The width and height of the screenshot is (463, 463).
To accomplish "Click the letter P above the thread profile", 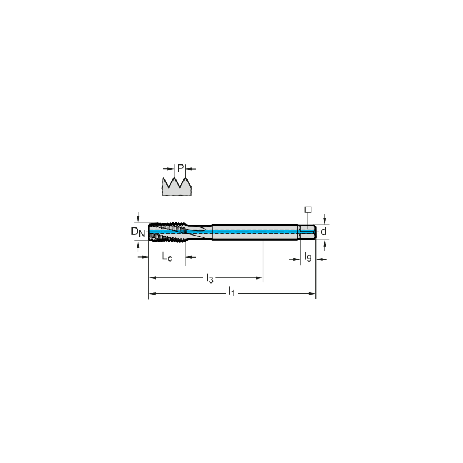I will (x=181, y=168).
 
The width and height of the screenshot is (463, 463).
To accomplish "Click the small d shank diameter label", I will (x=324, y=232).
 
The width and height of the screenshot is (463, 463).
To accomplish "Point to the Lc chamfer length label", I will (x=169, y=258).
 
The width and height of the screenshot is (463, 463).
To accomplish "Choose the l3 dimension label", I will (x=210, y=278).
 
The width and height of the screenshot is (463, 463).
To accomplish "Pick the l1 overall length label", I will (x=231, y=293).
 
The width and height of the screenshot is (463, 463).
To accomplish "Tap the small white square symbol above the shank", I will (x=308, y=209).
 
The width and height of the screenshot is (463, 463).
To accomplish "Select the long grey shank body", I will (x=255, y=232).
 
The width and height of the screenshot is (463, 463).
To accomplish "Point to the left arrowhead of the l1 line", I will (x=152, y=295).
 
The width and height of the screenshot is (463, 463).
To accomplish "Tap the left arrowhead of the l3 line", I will (x=152, y=278).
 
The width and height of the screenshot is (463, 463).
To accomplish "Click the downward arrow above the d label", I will (x=325, y=219).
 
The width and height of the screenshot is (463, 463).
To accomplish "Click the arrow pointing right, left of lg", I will (x=296, y=260).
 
